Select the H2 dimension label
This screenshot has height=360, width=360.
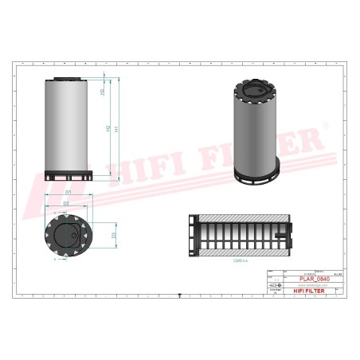pos(108,129)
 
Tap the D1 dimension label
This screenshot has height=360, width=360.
pos(68,192)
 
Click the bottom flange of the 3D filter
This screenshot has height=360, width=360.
pos(257,173)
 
